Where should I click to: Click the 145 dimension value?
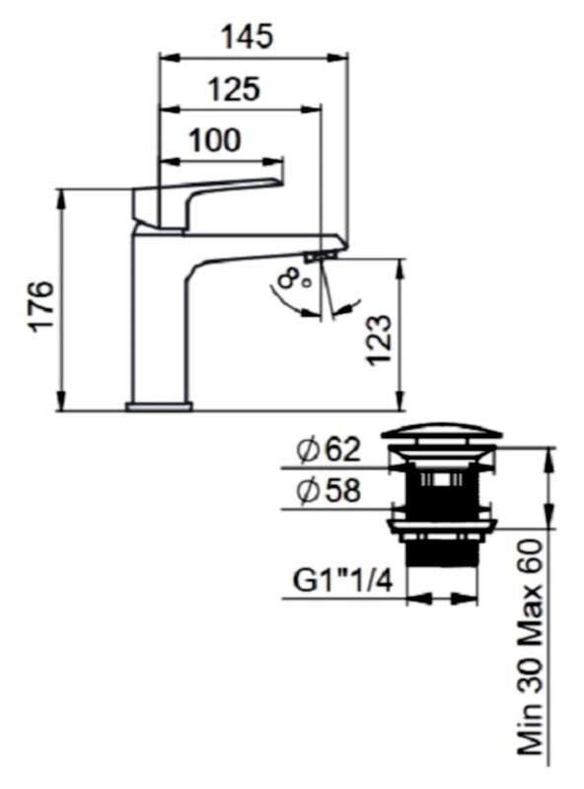tap(248, 36)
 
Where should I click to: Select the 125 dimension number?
tap(234, 89)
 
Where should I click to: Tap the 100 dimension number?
tap(214, 140)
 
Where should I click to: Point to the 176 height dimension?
tap(41, 306)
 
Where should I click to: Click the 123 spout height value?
tap(379, 340)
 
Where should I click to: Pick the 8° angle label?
tap(296, 278)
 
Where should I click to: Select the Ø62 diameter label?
tap(328, 450)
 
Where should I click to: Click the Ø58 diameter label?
tap(328, 490)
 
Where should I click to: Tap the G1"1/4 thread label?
tap(343, 581)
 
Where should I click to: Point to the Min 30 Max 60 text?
tap(531, 650)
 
